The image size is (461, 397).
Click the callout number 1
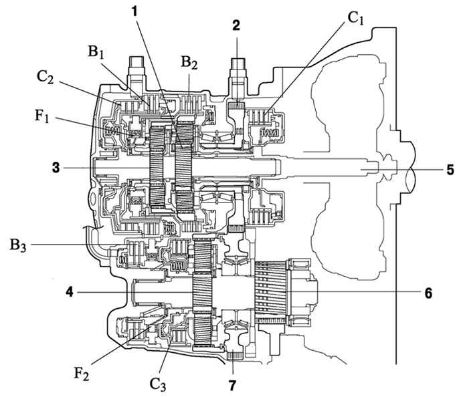134,12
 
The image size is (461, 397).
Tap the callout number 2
236,25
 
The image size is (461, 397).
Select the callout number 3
56,168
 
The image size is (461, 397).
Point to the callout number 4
70,292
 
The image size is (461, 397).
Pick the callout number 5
450,170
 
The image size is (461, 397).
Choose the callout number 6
428,293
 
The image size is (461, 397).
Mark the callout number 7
232,386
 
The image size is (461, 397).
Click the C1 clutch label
356,18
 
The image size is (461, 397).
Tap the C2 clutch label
45,78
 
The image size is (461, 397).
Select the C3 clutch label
158,384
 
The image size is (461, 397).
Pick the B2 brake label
189,63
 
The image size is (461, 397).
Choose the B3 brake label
18,245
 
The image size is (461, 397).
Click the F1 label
42,116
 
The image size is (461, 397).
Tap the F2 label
81,374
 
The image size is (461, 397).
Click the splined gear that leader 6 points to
270,292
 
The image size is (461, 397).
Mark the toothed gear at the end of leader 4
202,292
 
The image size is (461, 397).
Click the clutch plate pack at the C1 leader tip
260,116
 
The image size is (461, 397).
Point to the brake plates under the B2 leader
191,104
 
